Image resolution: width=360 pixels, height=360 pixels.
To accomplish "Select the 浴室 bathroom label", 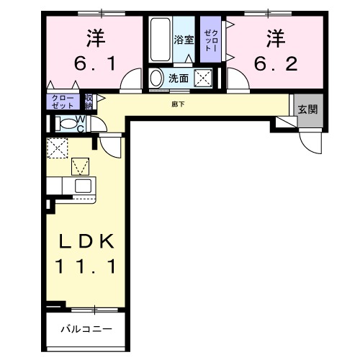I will pyautogui.click(x=184, y=40).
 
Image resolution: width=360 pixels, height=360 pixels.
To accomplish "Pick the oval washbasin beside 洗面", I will pyautogui.click(x=157, y=78).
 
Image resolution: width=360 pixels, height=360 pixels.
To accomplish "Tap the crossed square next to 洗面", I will pyautogui.click(x=204, y=78).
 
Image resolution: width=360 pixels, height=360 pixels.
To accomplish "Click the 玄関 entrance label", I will pyautogui.click(x=308, y=109).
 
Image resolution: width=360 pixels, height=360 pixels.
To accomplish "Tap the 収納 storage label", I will pyautogui.click(x=89, y=102).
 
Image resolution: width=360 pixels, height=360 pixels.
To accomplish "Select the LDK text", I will pyautogui.click(x=86, y=240).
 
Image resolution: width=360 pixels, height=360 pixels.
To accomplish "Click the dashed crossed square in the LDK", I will pyautogui.click(x=57, y=148).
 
